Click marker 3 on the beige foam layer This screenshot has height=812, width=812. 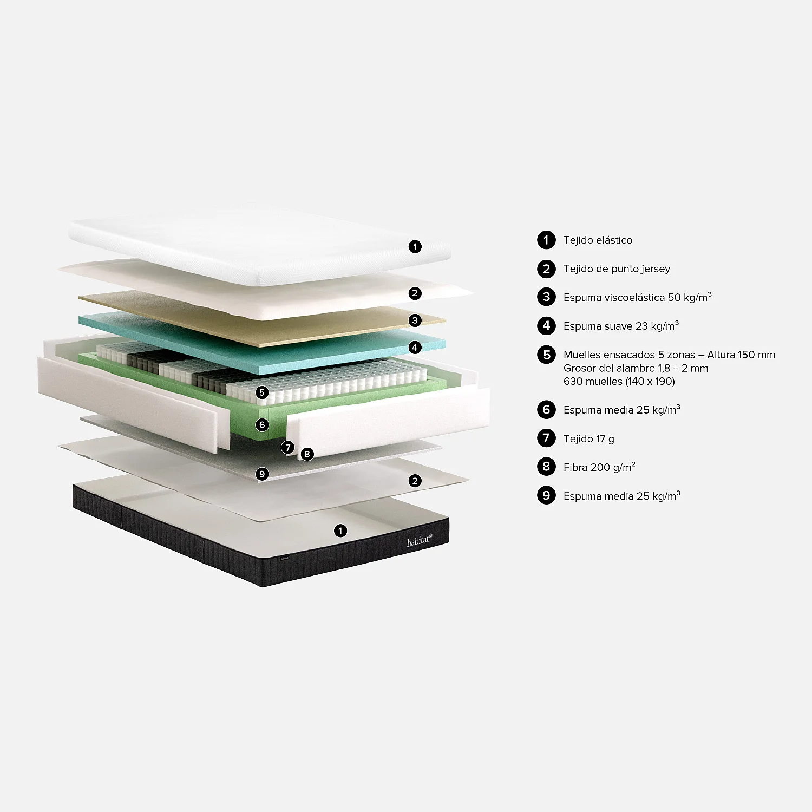415,320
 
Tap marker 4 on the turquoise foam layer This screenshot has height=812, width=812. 415,347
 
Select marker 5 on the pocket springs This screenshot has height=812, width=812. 262,392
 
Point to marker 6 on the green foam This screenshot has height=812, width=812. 262,425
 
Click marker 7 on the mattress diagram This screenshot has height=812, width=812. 288,448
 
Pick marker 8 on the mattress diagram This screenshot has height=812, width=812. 307,454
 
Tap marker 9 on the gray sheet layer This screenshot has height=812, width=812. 262,474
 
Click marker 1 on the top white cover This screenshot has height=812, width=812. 415,247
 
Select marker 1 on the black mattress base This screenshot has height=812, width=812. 340,531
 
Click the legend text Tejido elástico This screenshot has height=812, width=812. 598,240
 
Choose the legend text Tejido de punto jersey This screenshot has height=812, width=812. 617,269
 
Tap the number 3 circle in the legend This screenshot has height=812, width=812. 546,297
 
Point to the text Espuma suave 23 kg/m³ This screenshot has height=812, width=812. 621,326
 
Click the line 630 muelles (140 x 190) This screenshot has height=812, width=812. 619,381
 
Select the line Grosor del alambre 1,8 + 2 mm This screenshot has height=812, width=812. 636,368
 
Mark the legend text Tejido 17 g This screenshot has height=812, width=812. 589,439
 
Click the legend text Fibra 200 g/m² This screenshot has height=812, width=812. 599,467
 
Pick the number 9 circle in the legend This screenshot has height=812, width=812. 546,495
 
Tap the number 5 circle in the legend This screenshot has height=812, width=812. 546,355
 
